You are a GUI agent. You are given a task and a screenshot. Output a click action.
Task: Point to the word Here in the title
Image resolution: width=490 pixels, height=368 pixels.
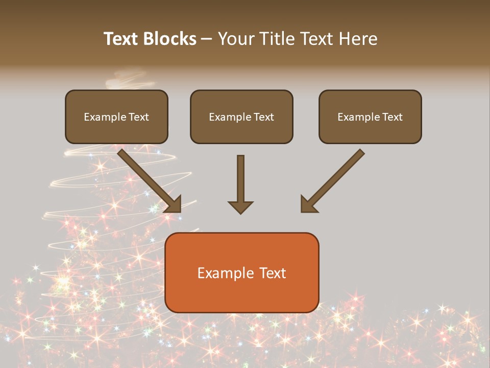pos(358,39)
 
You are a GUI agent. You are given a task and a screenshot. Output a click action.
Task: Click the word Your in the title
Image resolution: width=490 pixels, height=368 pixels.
pos(236,39)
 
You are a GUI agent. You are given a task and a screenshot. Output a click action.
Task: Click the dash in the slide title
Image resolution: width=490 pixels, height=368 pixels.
pos(207,39)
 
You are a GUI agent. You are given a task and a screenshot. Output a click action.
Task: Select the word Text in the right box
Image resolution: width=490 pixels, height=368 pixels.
pos(392,117)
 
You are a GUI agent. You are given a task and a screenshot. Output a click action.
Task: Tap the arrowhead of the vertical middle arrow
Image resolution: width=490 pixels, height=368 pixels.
pos(240,207)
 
